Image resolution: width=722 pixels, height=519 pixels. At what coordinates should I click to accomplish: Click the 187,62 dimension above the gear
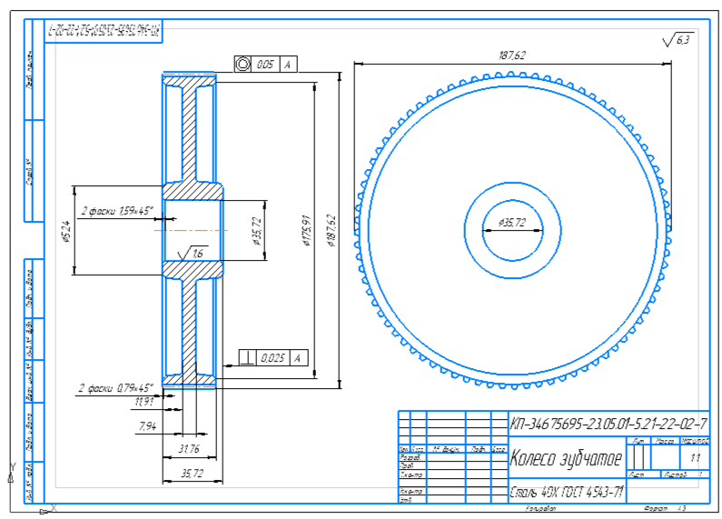[x=512, y=55]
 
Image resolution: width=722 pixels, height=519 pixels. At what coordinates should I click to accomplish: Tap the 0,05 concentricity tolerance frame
[x=265, y=65]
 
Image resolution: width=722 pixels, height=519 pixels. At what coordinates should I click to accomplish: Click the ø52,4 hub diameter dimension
[x=65, y=231]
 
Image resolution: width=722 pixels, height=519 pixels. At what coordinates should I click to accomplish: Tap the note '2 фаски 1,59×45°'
[x=117, y=211]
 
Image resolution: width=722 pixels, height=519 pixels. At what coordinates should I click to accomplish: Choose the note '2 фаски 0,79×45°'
[x=115, y=387]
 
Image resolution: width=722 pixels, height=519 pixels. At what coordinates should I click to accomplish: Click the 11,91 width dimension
[x=143, y=401]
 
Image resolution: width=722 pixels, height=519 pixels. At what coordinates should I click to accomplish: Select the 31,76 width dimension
[x=190, y=448]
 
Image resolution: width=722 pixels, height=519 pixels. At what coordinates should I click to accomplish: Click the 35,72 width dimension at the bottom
[x=190, y=473]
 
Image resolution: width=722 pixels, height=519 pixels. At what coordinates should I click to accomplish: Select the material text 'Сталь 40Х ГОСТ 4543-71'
[x=567, y=493]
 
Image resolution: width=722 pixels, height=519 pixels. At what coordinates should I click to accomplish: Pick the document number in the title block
[x=608, y=424]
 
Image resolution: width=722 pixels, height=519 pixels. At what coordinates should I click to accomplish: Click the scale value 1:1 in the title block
[x=696, y=458]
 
